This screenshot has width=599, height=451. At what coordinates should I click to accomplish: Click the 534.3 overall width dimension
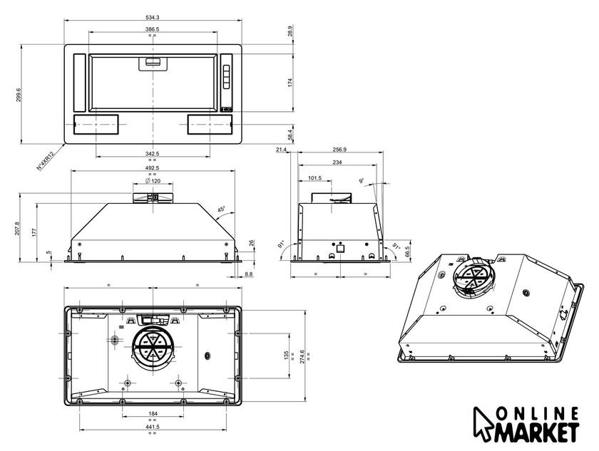click(152, 17)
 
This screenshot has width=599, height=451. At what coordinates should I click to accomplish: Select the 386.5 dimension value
click(152, 29)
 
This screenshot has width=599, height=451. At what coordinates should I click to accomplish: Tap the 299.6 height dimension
click(19, 95)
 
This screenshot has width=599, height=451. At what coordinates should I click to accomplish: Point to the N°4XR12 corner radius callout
click(46, 160)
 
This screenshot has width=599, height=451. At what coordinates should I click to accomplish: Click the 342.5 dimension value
click(152, 153)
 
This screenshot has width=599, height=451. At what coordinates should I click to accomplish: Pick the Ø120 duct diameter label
click(153, 181)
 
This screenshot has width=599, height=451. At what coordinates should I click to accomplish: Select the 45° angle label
click(222, 209)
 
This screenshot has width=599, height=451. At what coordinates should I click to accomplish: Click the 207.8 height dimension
click(17, 228)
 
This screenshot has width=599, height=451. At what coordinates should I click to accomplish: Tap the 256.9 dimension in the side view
click(339, 150)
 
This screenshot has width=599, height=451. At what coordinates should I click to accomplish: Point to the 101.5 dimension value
click(314, 178)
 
